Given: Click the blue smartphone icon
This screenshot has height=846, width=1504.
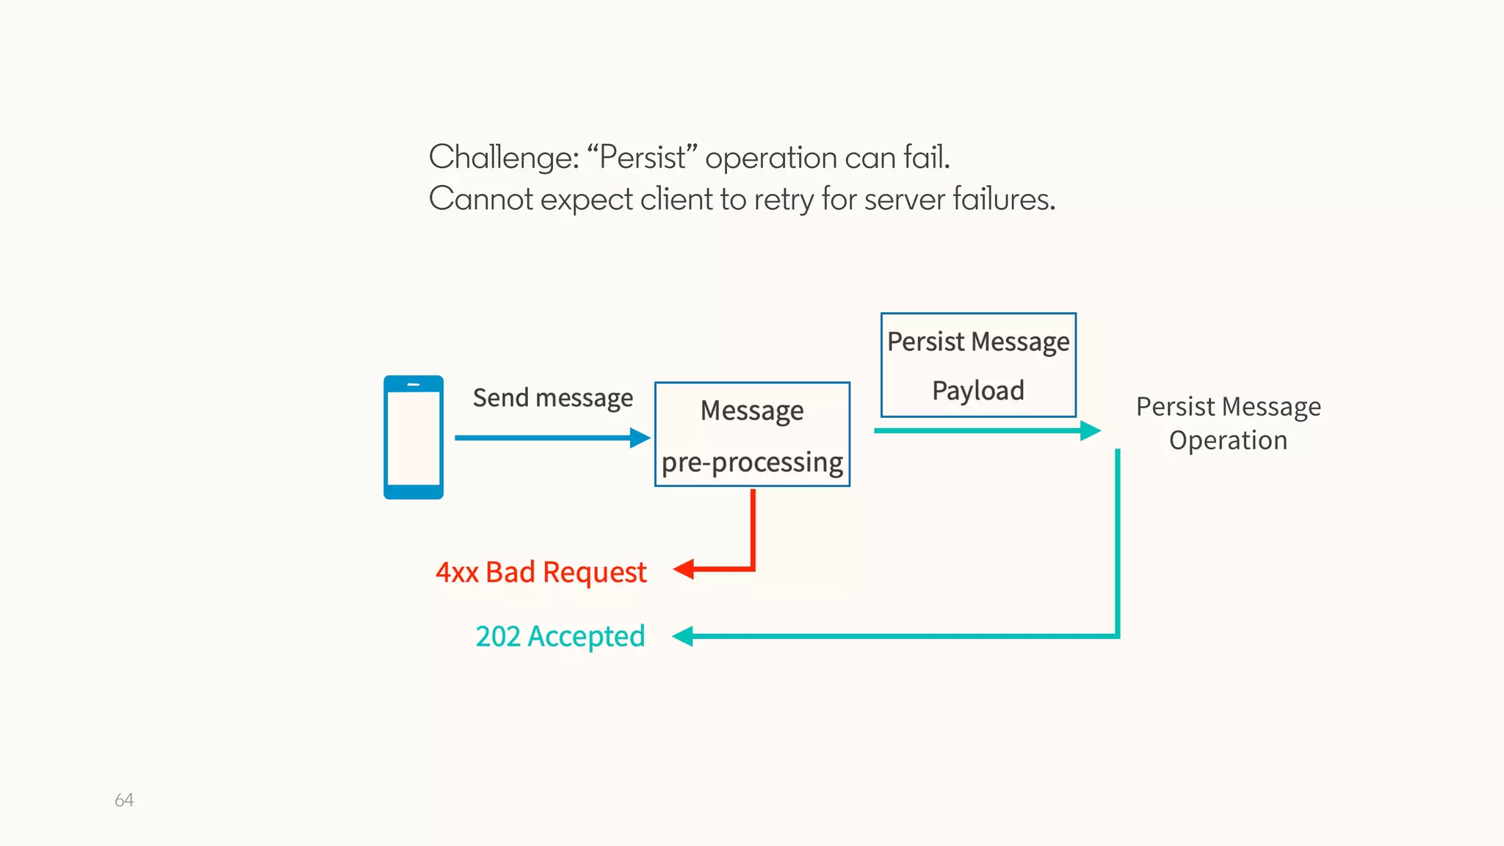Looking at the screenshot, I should click(413, 438).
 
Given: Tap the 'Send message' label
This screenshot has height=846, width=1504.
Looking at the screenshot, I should click(552, 397).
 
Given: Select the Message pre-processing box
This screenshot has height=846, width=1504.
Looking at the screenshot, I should click(752, 434).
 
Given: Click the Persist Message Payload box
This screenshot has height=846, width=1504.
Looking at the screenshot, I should click(978, 365).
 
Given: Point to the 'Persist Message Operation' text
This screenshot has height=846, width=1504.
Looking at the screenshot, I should click(1228, 423).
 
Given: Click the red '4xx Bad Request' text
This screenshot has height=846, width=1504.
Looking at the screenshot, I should click(541, 572).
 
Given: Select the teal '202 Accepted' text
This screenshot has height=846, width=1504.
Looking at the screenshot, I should click(560, 636).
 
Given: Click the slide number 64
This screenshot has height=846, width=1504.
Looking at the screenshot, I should click(124, 800).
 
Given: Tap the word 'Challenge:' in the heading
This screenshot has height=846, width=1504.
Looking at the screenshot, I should click(504, 157).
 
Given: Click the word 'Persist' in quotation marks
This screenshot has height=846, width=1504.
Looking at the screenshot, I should click(643, 157).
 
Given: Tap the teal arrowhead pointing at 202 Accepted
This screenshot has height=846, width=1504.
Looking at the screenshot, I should click(683, 636).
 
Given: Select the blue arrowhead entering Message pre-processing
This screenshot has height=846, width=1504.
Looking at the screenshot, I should click(640, 438).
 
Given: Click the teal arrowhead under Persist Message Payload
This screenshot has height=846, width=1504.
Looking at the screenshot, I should click(1090, 430).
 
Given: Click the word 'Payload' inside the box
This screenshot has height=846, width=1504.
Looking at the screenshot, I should click(978, 391).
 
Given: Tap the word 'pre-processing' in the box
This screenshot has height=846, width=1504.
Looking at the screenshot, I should click(752, 463).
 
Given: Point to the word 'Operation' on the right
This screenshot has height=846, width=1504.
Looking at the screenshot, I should click(1228, 440).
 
